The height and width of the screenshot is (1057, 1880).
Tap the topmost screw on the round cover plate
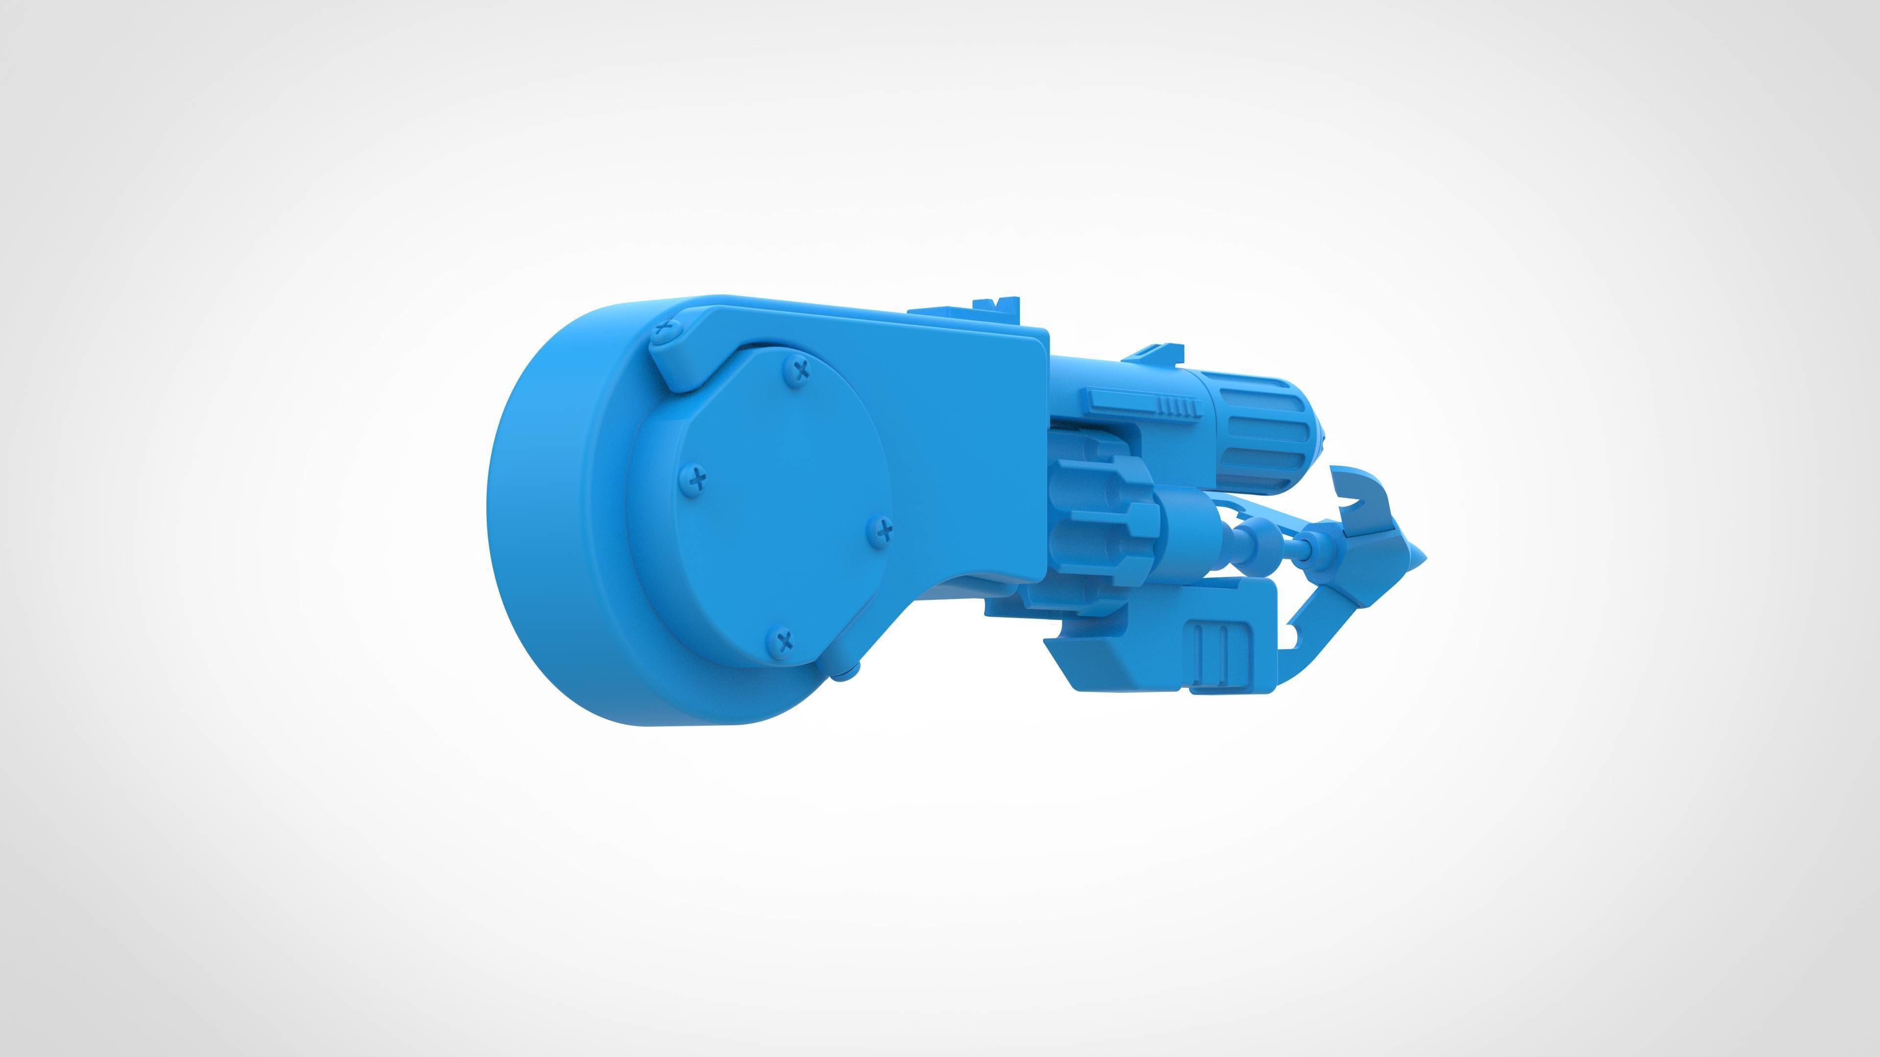point(802,368)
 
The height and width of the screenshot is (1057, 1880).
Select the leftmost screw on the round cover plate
point(699,479)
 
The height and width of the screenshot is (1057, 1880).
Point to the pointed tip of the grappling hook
point(1422,560)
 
